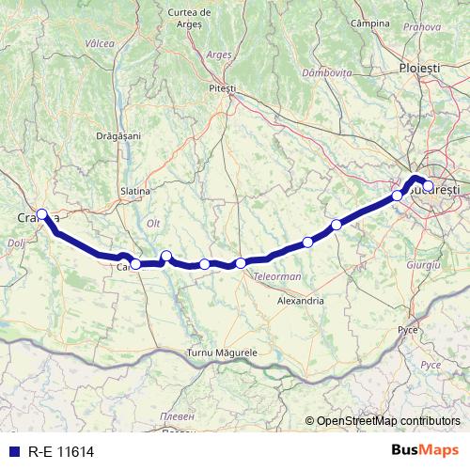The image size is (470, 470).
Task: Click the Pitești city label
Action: pos(223,87)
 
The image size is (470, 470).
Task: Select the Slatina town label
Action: pos(135,191)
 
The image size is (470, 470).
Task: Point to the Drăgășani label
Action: pos(118,136)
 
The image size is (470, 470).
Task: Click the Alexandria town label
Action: pos(301,301)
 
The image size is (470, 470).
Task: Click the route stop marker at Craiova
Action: pos(42,213)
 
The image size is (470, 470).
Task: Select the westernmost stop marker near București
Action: pos(397,196)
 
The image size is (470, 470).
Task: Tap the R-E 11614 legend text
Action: pos(60,452)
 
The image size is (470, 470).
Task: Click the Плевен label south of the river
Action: pos(177,415)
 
